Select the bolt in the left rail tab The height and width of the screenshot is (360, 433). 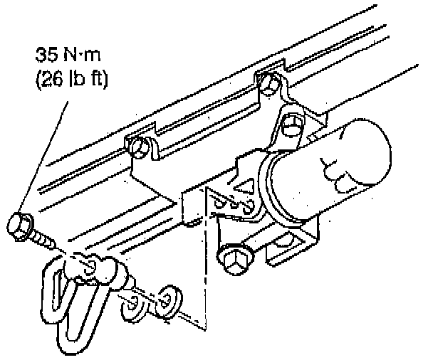(x=139, y=148)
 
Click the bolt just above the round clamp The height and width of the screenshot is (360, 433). (x=291, y=125)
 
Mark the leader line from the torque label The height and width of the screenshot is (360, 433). (x=43, y=157)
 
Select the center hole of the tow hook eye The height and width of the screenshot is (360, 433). (x=91, y=266)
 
